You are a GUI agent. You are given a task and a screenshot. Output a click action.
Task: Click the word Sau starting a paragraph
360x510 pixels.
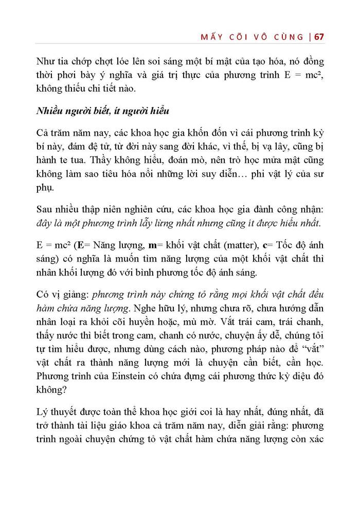(x=45, y=210)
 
